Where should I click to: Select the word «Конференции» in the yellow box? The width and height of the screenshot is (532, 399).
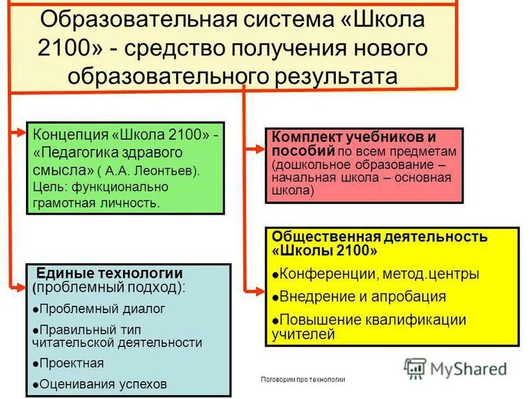coord(323,273)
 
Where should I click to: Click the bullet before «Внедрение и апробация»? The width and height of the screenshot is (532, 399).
coord(275,297)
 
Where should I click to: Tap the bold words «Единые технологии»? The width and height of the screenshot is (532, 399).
coord(109,273)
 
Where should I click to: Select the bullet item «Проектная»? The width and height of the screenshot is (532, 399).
coord(71,363)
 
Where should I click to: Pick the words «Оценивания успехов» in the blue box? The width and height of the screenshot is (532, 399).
coord(103,384)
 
